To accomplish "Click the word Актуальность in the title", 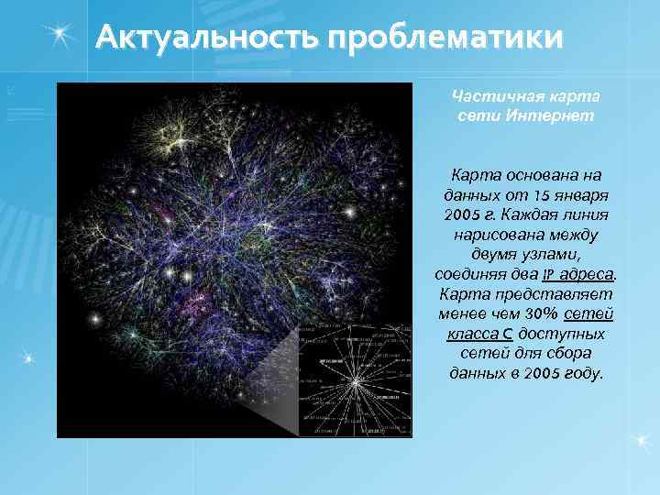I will click(x=205, y=38).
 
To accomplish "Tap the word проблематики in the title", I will click(x=440, y=38).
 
